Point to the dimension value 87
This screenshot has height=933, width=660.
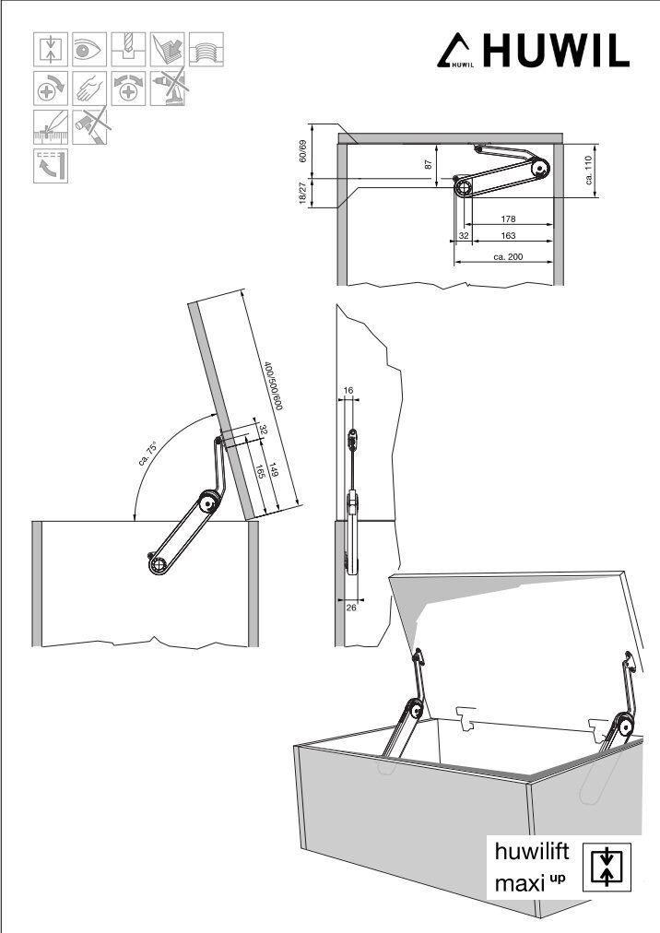point(429,164)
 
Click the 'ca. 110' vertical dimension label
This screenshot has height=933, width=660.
point(588,170)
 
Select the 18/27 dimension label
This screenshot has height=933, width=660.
point(302,194)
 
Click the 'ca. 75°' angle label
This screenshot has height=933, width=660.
point(148,454)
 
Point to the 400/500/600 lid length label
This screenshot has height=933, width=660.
point(269,386)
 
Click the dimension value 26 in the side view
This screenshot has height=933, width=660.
point(351,607)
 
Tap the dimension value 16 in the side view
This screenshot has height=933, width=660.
point(348,391)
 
